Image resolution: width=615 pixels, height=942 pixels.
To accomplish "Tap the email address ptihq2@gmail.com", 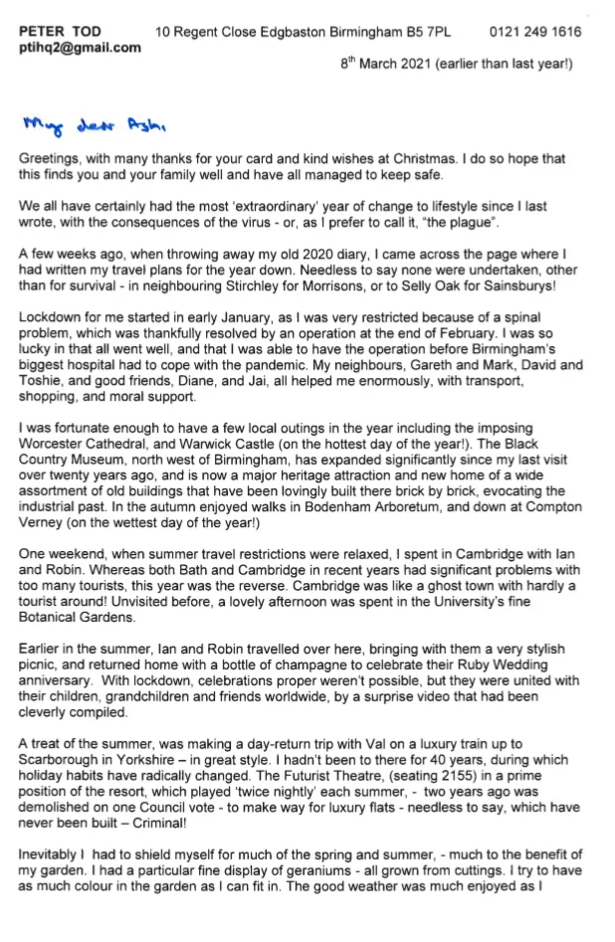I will point(80,48).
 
